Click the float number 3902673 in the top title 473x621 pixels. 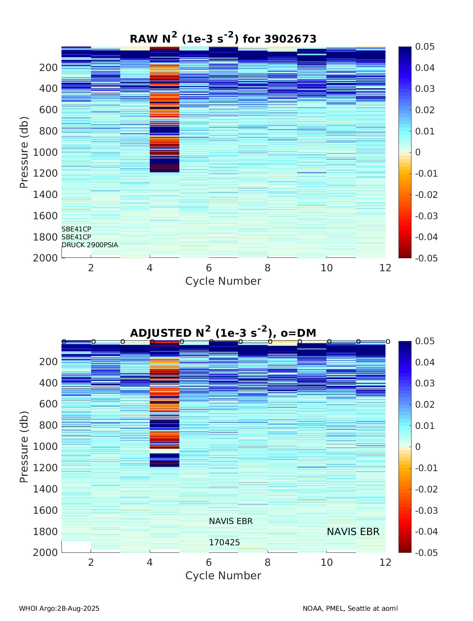[290, 39]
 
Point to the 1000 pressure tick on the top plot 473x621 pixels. [48, 152]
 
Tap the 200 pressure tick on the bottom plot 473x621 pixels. [48, 362]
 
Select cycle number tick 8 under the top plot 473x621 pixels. [268, 268]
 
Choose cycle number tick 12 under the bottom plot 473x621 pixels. [385, 563]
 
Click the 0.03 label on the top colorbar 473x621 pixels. [425, 89]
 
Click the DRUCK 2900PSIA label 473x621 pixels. [89, 245]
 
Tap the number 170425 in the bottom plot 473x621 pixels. [224, 543]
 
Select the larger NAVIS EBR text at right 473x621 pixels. [353, 532]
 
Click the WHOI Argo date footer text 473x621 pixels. [59, 608]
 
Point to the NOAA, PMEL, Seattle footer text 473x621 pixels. [350, 608]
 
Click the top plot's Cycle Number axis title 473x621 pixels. [223, 281]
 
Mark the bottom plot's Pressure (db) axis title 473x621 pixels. [24, 447]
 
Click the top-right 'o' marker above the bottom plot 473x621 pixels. [388, 341]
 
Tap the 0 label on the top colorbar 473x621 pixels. [418, 152]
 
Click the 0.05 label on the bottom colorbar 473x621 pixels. [425, 341]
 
